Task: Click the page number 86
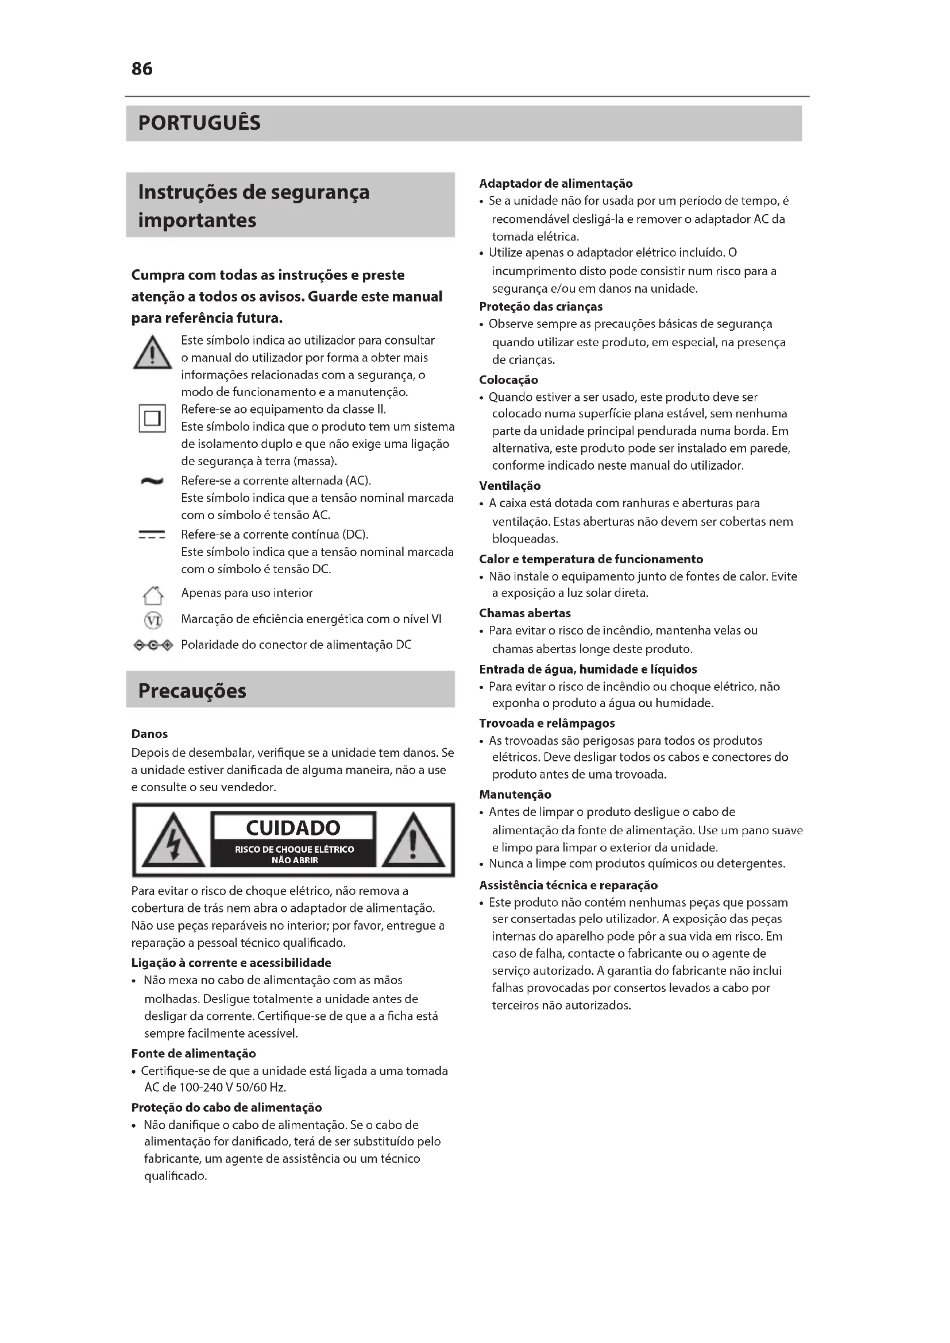142,69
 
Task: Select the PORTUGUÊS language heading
199,123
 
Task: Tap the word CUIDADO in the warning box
293,828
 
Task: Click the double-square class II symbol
152,418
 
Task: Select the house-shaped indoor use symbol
153,595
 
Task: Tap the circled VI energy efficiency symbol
153,620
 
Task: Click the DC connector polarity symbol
153,645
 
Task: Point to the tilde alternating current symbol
152,481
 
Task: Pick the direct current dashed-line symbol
152,535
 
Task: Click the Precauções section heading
192,691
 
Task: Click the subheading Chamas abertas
525,613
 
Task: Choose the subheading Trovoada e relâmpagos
547,723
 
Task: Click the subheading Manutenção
515,794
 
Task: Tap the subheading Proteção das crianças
540,307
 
